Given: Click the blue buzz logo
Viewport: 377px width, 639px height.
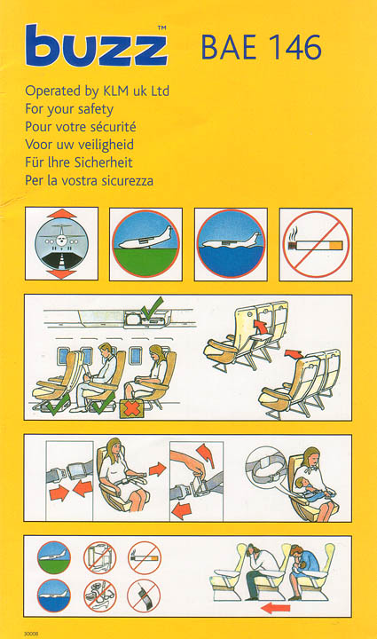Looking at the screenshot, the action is pyautogui.click(x=96, y=45).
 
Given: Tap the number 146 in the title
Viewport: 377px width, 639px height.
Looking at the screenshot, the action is pyautogui.click(x=295, y=48).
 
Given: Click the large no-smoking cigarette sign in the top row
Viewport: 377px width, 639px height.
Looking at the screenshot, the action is pyautogui.click(x=316, y=245).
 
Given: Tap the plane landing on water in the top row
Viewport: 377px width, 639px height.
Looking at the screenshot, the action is pyautogui.click(x=231, y=244).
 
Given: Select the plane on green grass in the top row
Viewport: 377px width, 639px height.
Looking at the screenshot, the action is pyautogui.click(x=145, y=244).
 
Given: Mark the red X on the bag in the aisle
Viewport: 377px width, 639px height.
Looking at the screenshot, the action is pyautogui.click(x=130, y=409).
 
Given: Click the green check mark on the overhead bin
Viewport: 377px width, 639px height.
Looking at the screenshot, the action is pyautogui.click(x=152, y=308).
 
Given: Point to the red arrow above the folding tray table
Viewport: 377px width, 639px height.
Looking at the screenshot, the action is pyautogui.click(x=260, y=327).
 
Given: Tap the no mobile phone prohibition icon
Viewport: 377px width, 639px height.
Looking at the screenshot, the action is pyautogui.click(x=144, y=596).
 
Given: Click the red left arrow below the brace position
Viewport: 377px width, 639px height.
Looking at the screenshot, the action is pyautogui.click(x=276, y=609).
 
